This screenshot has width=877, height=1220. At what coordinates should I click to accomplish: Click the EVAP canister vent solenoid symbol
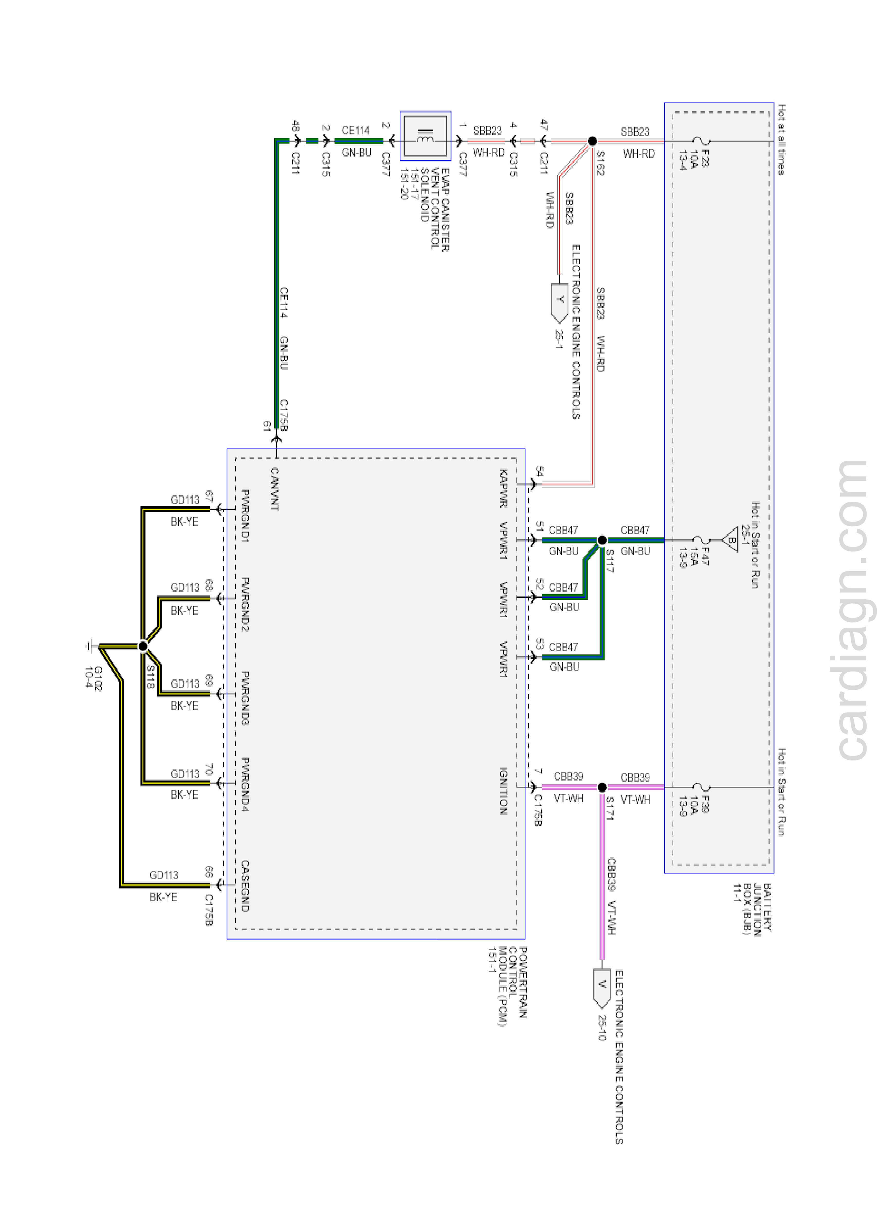pos(425,136)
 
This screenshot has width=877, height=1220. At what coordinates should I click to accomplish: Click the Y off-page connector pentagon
pos(560,302)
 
